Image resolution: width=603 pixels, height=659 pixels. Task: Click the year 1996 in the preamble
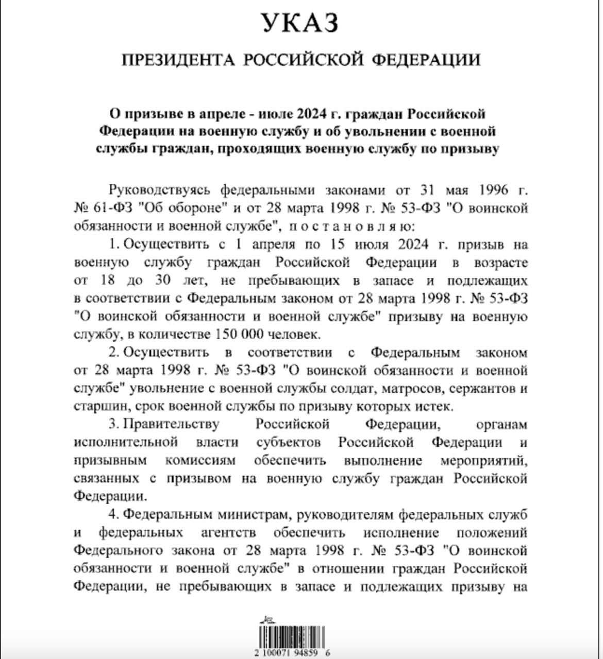point(494,190)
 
